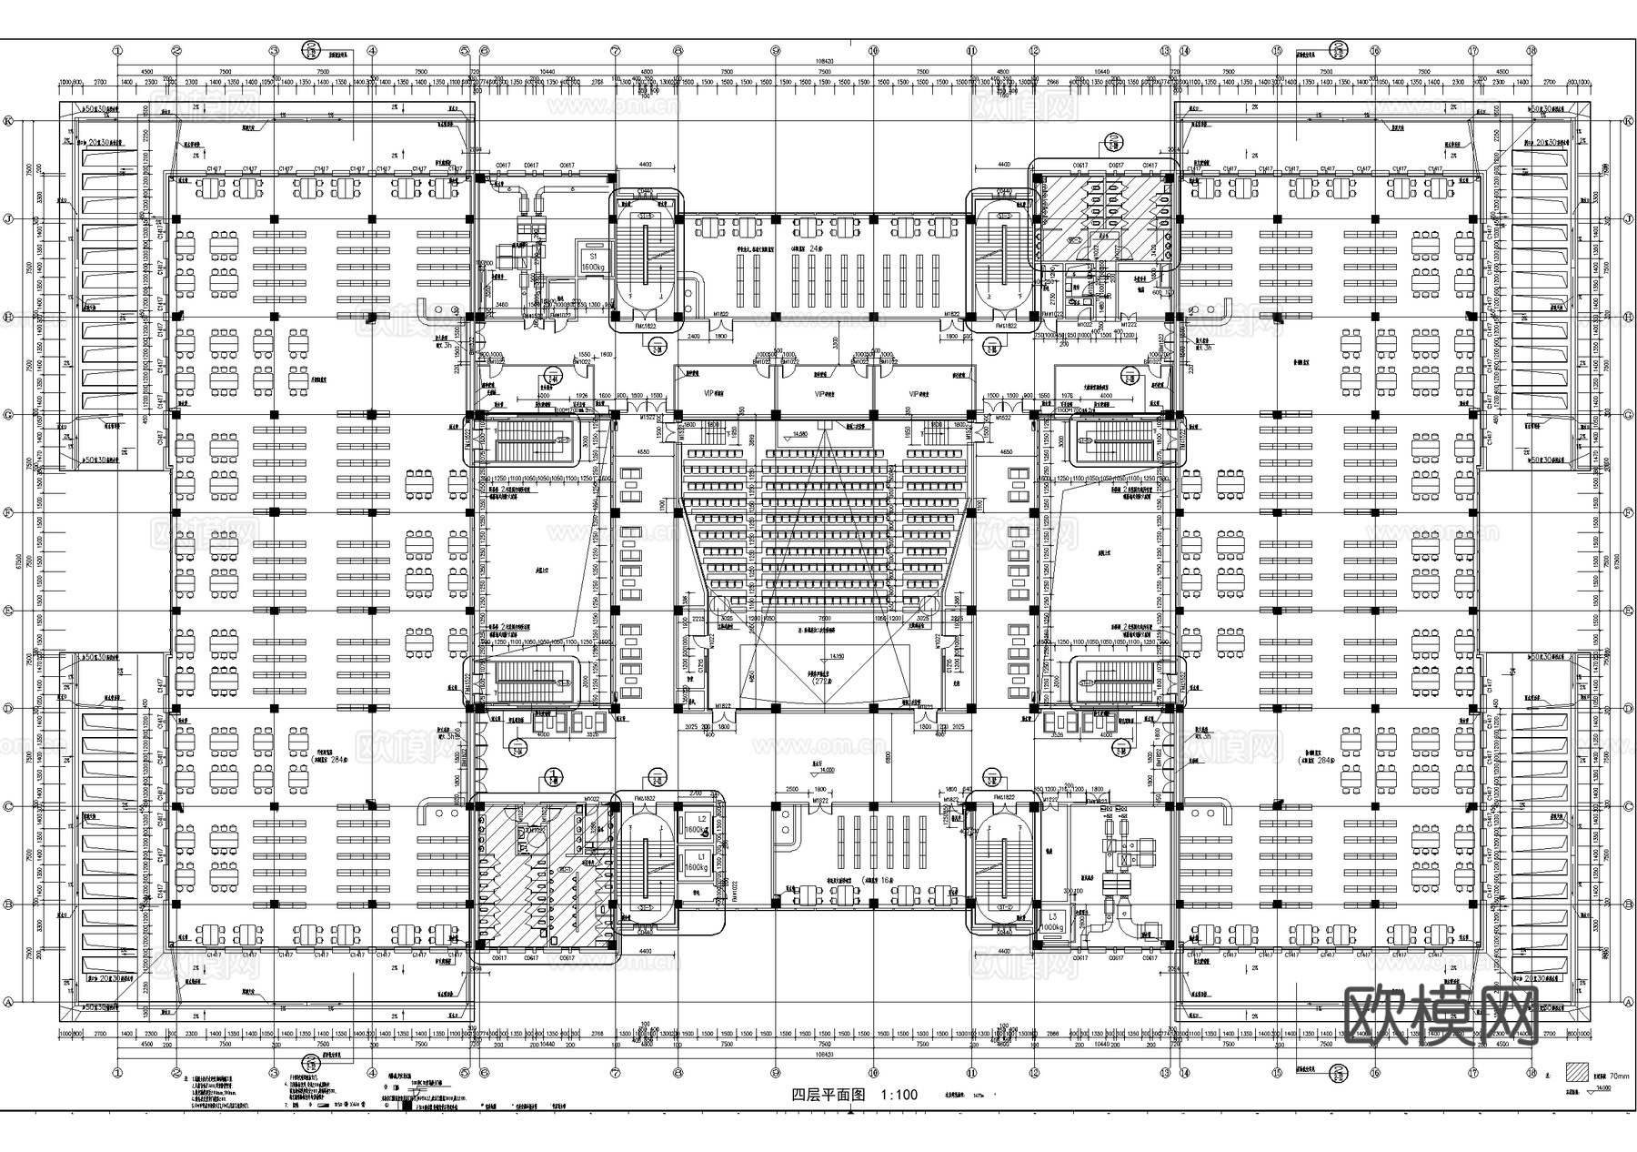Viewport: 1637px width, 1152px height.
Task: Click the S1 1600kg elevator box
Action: tap(593, 261)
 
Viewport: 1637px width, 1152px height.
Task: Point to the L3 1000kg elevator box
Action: tap(1052, 921)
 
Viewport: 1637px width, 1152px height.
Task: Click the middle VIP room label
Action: tap(825, 394)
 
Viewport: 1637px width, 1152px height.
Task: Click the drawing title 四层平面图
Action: tap(827, 1095)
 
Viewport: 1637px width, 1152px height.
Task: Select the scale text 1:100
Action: tap(899, 1095)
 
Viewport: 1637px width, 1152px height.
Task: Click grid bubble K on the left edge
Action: tap(9, 121)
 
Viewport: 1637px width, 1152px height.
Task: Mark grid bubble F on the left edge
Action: tap(9, 512)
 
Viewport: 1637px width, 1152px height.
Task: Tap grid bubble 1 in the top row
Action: tap(118, 51)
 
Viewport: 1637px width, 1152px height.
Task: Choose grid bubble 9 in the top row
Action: tap(776, 51)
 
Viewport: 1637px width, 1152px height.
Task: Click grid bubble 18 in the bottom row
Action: tap(1532, 1072)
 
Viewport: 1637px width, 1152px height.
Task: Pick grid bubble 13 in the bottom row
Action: tap(1165, 1072)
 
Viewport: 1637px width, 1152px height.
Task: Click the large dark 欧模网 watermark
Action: tap(1440, 1015)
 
